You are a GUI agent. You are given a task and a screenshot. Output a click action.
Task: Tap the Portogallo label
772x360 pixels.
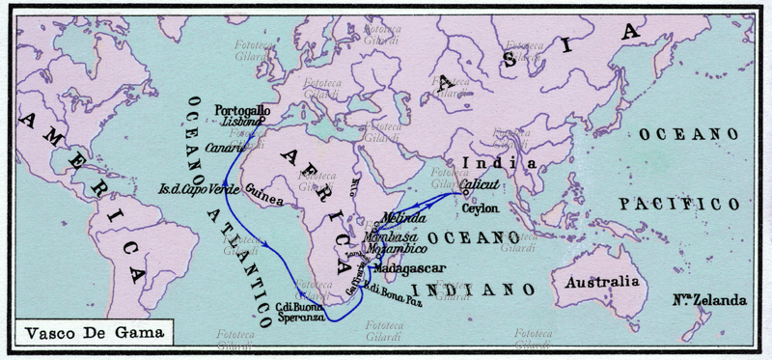pyautogui.click(x=242, y=110)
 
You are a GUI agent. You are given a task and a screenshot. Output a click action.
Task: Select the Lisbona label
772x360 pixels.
pyautogui.click(x=241, y=124)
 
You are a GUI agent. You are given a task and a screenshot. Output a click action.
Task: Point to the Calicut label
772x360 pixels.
pyautogui.click(x=480, y=182)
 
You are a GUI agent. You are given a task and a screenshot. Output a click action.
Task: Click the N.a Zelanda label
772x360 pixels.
pyautogui.click(x=707, y=300)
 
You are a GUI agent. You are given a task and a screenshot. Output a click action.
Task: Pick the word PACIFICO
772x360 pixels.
pyautogui.click(x=679, y=205)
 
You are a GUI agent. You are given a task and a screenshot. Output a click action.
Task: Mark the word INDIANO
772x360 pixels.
pyautogui.click(x=473, y=290)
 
